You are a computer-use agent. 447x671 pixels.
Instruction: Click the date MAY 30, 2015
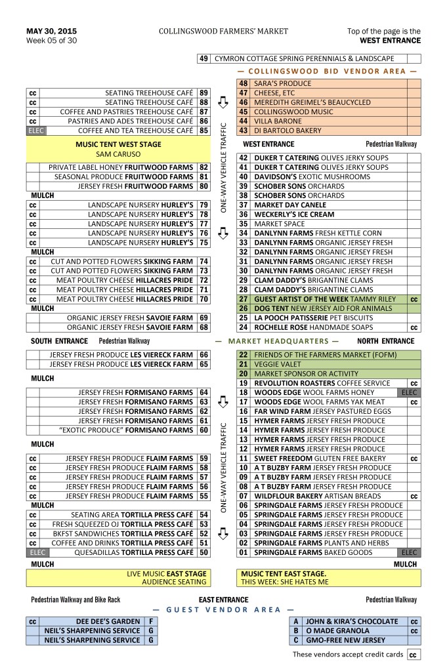pos(51,31)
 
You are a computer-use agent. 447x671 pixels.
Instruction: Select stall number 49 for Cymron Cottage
pos(203,58)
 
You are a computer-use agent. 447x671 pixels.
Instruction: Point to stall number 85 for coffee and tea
pos(203,131)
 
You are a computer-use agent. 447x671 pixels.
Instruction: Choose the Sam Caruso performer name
pos(118,154)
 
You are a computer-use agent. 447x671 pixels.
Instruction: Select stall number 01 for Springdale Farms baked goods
pos(243,553)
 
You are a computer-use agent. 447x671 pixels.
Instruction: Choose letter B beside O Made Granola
pos(296,630)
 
